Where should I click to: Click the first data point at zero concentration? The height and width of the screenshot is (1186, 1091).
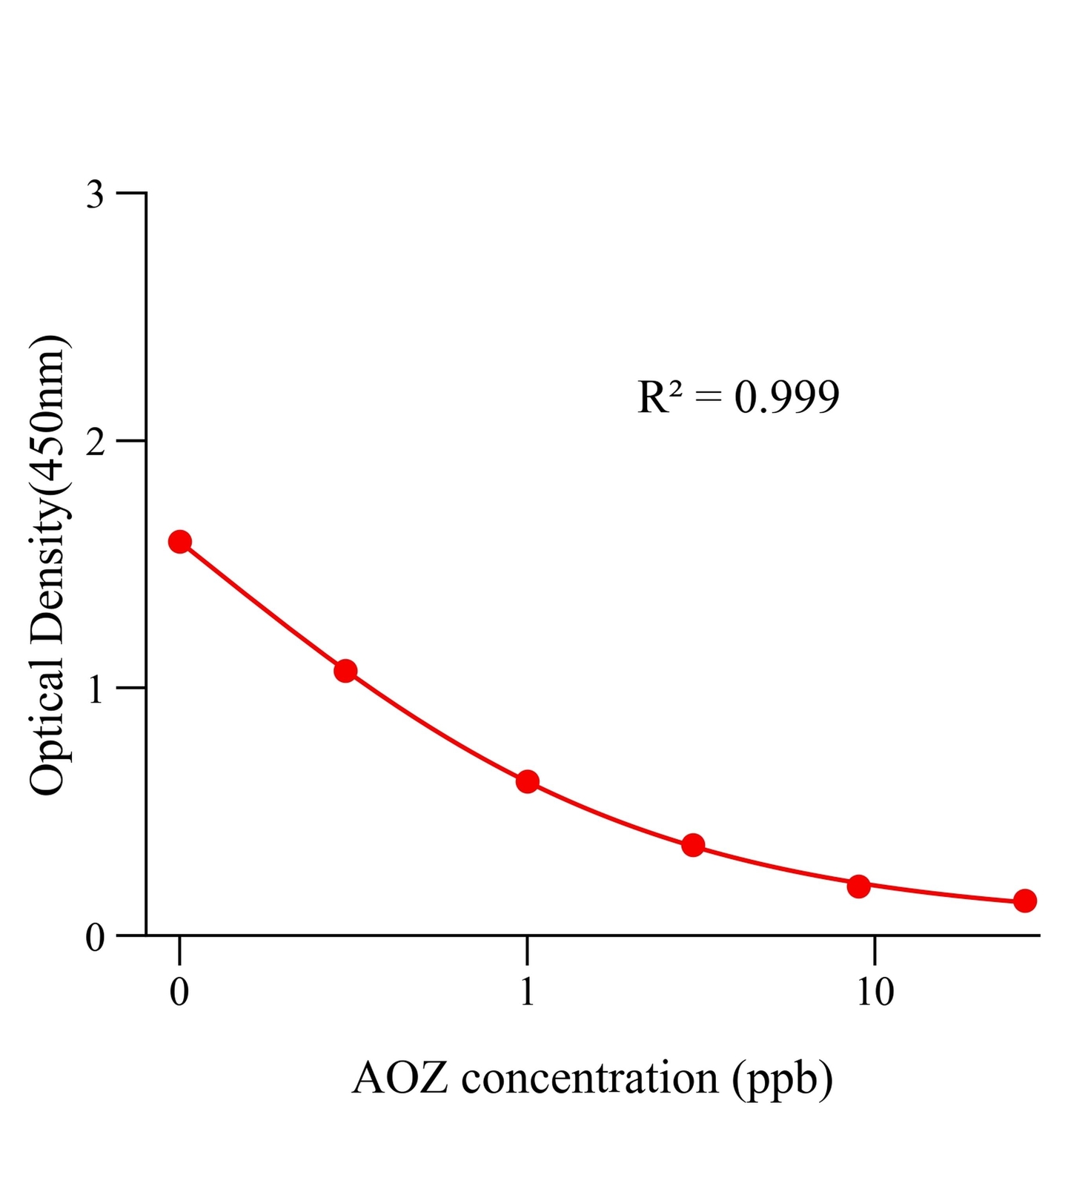179,542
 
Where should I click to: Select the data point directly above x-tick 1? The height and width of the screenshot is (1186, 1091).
527,781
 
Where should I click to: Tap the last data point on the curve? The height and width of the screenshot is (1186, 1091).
1025,901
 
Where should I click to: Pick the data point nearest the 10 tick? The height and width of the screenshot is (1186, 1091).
858,886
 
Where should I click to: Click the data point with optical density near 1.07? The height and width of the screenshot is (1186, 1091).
345,671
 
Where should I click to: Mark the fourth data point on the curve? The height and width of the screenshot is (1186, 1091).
693,845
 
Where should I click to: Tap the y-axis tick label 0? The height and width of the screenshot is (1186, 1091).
95,938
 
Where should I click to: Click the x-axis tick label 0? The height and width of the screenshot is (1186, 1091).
179,992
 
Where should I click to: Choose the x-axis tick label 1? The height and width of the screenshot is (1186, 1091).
527,992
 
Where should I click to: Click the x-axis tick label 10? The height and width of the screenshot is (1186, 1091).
875,992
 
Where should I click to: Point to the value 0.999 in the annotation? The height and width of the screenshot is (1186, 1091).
787,397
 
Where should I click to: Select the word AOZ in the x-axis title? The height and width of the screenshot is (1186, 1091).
400,1079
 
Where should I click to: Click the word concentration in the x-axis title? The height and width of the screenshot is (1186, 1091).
590,1079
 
